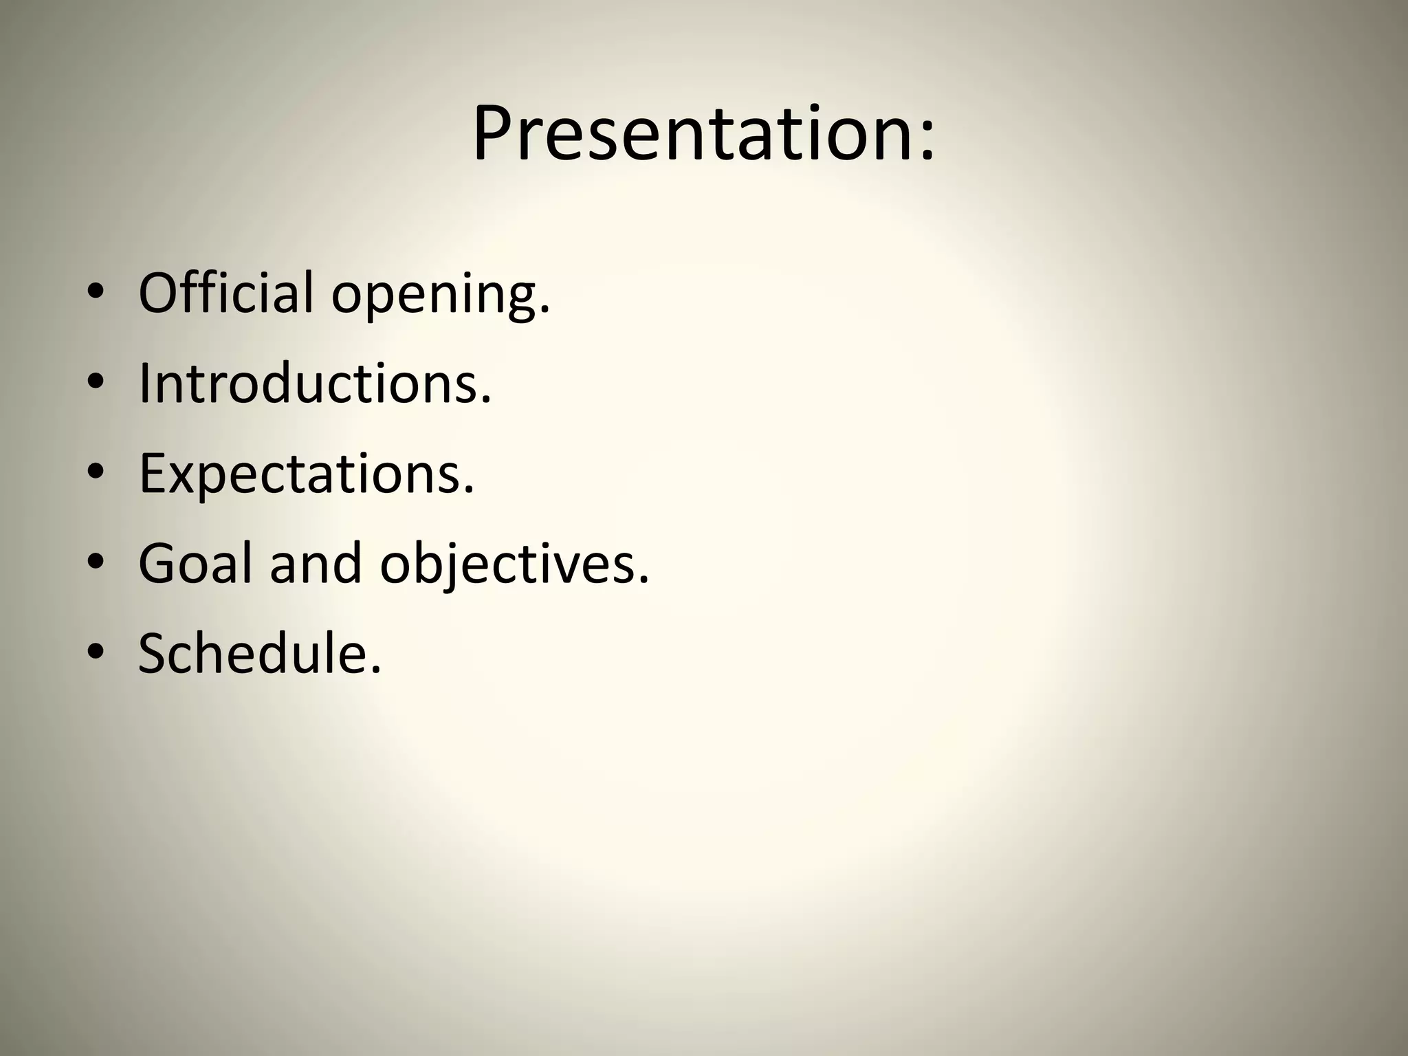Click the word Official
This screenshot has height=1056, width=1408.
click(x=225, y=292)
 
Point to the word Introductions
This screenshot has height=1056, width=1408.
click(x=308, y=383)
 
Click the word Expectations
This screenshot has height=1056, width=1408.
click(x=300, y=474)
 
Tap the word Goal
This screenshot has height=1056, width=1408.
click(x=195, y=563)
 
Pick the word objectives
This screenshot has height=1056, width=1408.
click(x=507, y=565)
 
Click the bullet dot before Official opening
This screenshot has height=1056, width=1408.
click(x=96, y=294)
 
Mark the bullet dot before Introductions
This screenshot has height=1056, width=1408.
click(x=96, y=384)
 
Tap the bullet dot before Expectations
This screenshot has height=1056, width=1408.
click(x=96, y=474)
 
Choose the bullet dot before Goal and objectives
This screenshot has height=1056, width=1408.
click(x=96, y=564)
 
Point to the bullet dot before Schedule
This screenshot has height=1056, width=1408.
click(x=96, y=654)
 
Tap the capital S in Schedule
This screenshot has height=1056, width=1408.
click(x=154, y=653)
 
